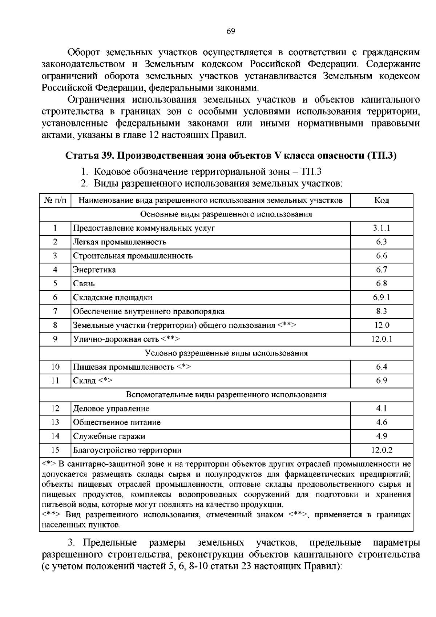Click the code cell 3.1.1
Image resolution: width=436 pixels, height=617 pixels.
381,228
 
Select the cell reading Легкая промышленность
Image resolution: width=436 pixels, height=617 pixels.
120,242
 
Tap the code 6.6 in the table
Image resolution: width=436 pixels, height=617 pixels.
381,256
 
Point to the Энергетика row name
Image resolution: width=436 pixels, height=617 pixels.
94,270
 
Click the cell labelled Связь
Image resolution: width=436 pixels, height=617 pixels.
84,283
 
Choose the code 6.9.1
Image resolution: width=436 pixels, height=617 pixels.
381,297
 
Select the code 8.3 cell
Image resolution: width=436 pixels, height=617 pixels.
381,311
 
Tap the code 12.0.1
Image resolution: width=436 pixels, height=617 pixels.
381,339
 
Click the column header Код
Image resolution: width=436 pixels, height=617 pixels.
381,200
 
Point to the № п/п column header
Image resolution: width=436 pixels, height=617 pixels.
55,200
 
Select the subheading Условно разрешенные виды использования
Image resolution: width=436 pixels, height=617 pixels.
226,353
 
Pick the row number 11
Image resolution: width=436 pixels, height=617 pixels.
55,381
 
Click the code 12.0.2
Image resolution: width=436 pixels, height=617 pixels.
381,450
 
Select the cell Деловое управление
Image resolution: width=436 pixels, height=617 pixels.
111,409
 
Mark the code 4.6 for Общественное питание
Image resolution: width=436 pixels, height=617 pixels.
381,422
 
